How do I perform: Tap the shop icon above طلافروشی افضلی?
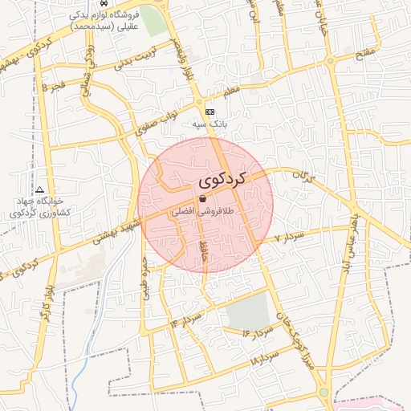pos(201,199)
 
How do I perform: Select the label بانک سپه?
pos(210,124)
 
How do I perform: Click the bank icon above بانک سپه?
pos(210,112)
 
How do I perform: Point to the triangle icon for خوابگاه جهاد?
pos(39,189)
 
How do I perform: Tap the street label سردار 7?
pos(287,238)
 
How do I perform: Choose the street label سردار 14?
pos(185,319)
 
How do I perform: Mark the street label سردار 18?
pos(264,358)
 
